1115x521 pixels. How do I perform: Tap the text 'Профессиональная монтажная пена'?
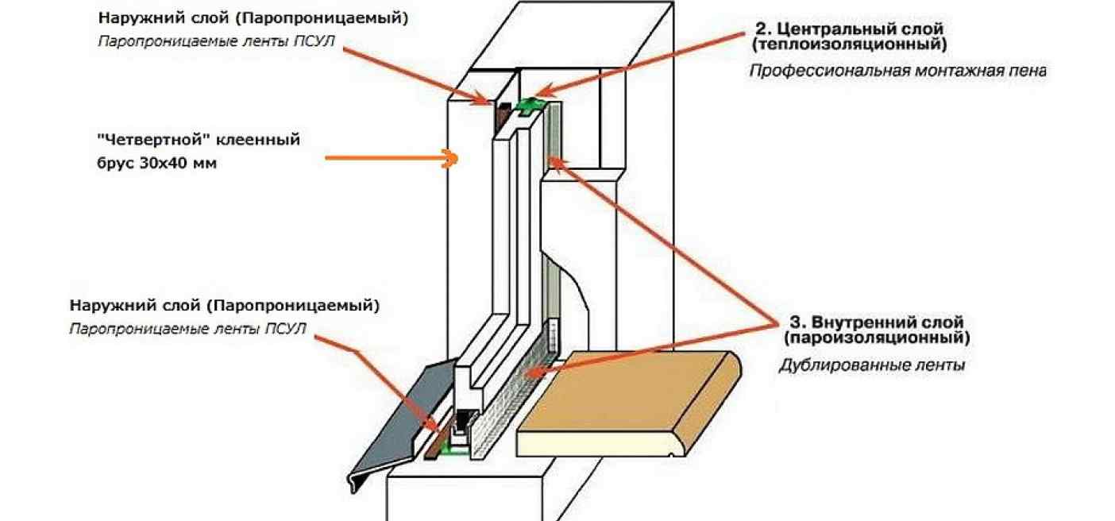click(897, 71)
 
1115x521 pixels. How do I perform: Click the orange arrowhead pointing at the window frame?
click(453, 159)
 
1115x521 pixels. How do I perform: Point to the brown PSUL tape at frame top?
click(502, 115)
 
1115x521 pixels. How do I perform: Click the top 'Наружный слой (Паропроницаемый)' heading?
click(253, 18)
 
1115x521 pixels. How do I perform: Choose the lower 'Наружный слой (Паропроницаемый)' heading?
click(225, 305)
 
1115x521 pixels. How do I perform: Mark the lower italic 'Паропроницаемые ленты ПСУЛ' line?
click(187, 329)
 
